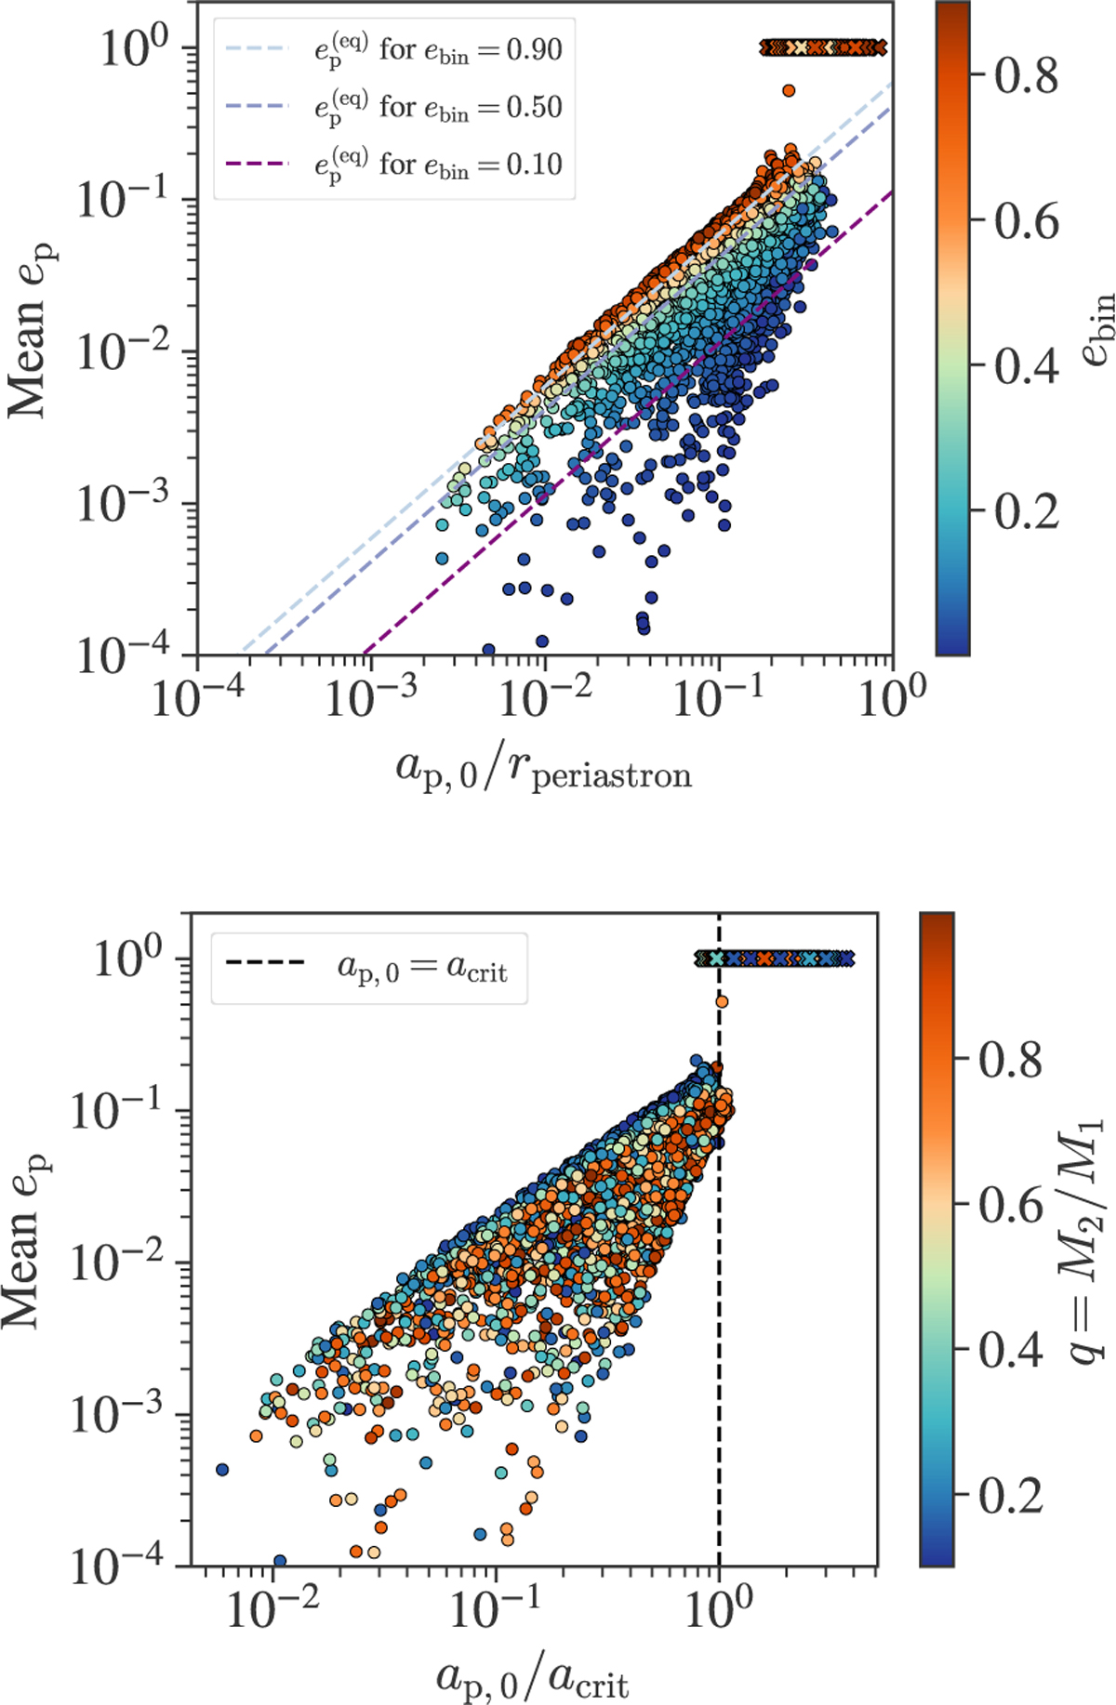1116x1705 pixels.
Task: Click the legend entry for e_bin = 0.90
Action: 437,48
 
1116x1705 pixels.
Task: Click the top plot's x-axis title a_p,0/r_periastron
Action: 544,770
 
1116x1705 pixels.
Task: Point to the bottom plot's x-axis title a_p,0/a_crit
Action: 532,1676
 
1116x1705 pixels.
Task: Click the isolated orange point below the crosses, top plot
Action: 789,90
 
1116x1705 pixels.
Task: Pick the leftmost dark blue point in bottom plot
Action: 222,1470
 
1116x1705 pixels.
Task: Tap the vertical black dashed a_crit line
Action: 719,1302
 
